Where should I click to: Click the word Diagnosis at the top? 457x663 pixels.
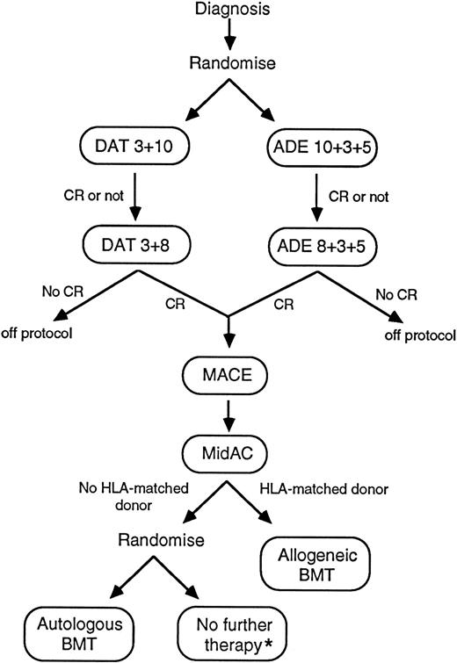228,10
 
